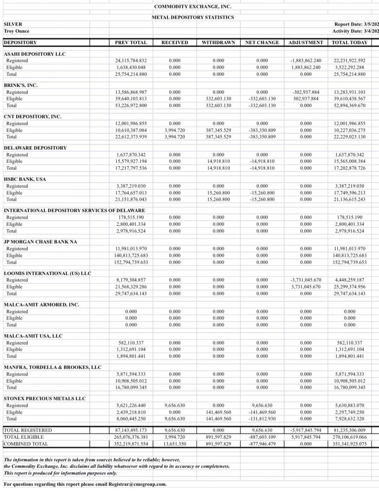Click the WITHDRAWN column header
[218, 43]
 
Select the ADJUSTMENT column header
[306, 43]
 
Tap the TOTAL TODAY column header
[350, 43]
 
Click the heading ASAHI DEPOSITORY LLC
[34, 54]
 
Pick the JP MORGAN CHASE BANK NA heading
[40, 242]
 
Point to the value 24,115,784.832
[131, 61]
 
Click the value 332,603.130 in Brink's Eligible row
[218, 99]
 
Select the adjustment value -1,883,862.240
[306, 61]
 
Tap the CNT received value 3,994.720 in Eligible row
[174, 130]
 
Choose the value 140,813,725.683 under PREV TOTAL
[131, 255]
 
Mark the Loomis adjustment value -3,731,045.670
[306, 280]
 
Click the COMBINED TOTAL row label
[26, 444]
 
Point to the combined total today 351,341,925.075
[350, 444]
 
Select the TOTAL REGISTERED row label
[28, 430]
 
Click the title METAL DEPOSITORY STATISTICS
[193, 17]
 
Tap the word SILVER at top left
[13, 24]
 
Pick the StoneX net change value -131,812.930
[262, 419]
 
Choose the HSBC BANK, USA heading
[25, 179]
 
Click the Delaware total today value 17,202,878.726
[350, 168]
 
